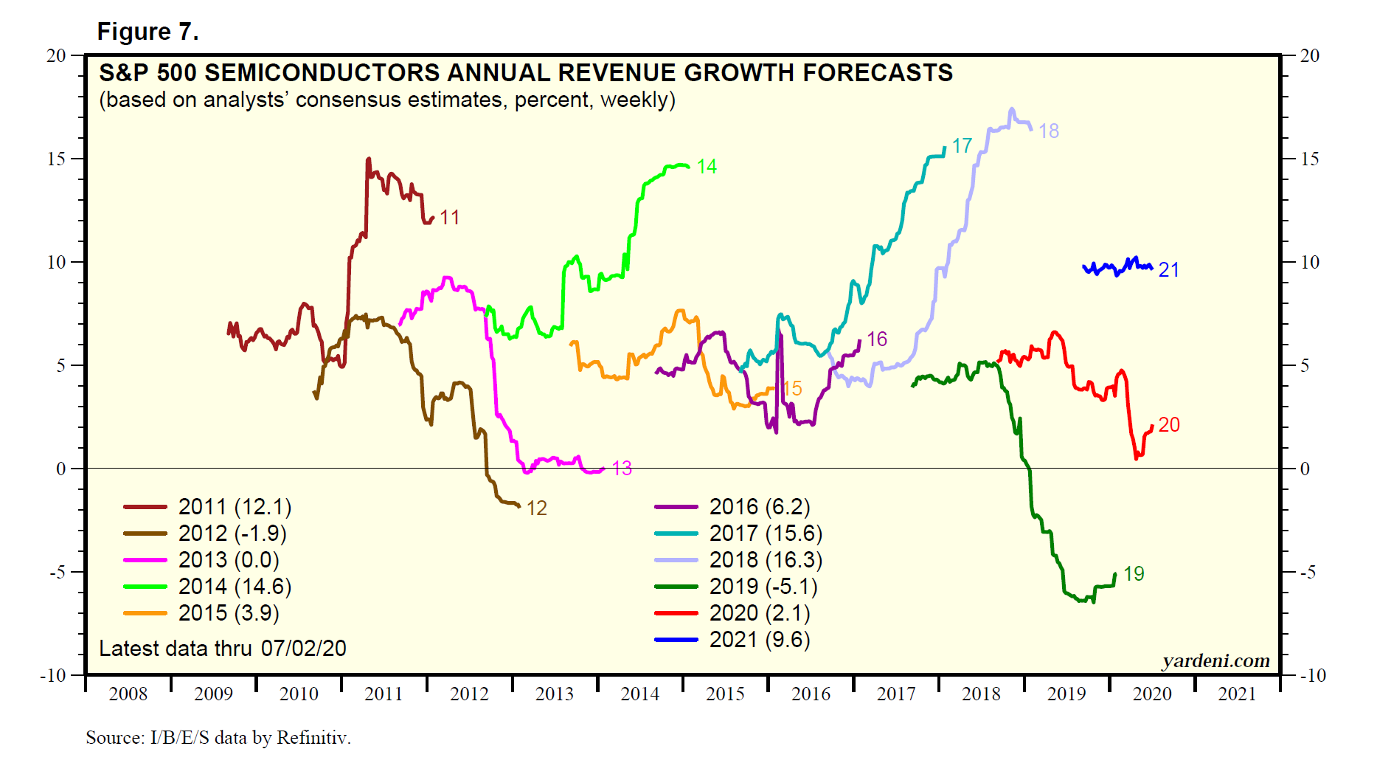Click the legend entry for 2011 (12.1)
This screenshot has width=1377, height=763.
click(235, 507)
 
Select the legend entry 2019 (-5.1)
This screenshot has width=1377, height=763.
click(763, 587)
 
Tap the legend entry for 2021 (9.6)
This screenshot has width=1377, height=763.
click(759, 640)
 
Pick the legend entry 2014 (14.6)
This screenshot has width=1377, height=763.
click(235, 587)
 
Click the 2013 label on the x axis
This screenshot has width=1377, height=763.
click(555, 694)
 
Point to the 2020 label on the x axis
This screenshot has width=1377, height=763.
click(1152, 694)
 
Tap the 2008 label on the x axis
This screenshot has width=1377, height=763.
click(128, 694)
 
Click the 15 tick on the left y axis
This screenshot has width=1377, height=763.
click(57, 159)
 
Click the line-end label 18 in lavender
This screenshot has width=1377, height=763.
click(1048, 131)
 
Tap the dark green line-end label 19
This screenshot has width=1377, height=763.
click(1134, 574)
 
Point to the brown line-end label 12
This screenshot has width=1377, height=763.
click(536, 508)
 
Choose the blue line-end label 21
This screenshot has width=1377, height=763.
click(1168, 270)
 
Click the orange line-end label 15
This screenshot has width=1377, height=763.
click(792, 389)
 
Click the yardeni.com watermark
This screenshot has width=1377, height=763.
click(1216, 660)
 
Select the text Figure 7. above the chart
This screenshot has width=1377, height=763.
click(148, 32)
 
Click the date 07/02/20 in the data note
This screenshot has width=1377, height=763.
click(303, 649)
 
